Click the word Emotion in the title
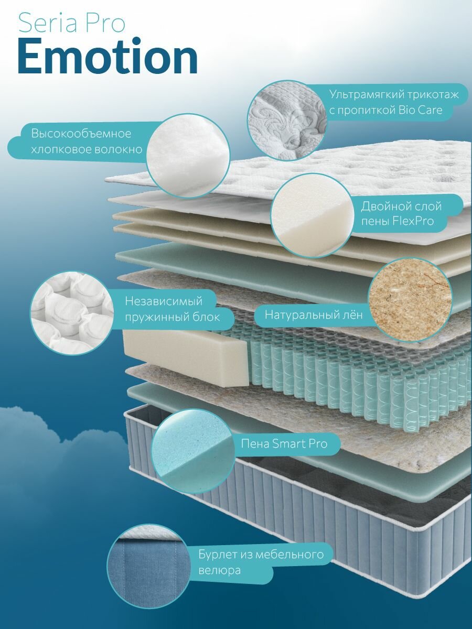108,57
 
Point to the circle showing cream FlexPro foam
310,216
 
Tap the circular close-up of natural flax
410,297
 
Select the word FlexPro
412,221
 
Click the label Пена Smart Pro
284,444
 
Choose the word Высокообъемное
81,134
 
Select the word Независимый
164,301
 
